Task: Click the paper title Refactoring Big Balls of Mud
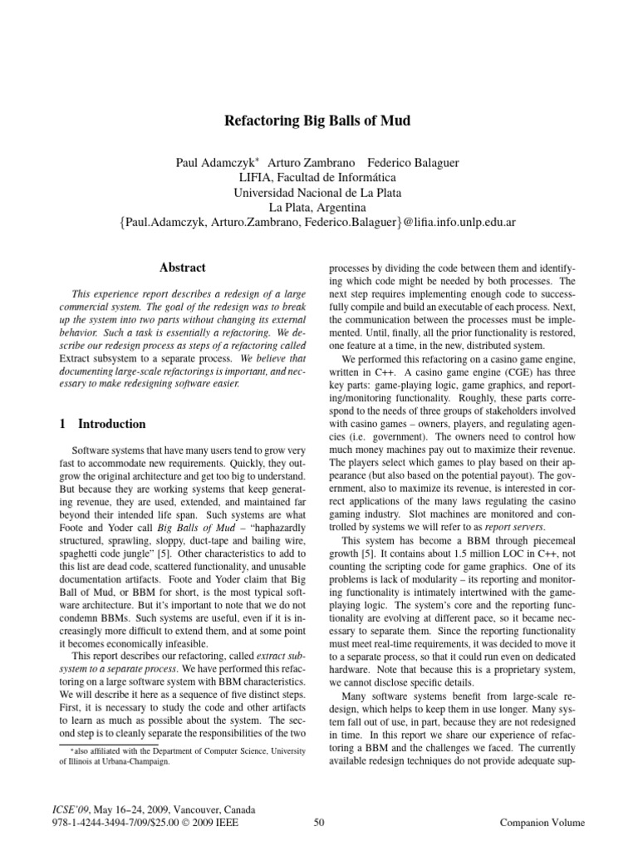(318, 121)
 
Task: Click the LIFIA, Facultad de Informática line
(317, 177)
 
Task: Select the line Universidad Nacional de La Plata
(317, 192)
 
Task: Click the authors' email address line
(317, 223)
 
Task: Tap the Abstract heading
(182, 268)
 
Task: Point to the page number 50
(319, 823)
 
